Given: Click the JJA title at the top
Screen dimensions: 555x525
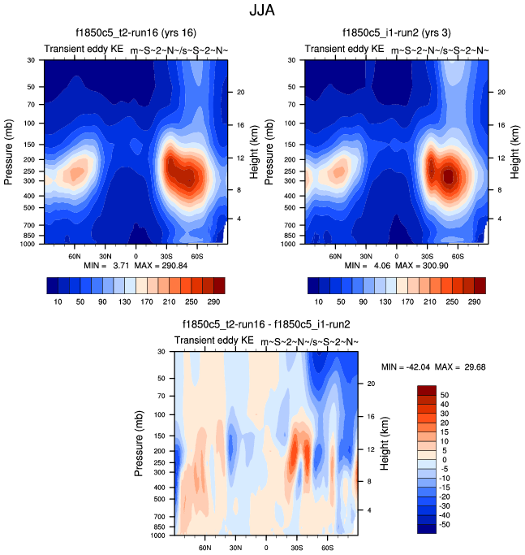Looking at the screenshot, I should pos(262,12).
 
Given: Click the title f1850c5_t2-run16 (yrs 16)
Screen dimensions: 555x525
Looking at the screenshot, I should pos(136,34).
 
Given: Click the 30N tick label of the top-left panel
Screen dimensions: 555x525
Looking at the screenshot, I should pos(105,254).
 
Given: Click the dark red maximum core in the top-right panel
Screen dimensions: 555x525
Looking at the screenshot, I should pos(449,176).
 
